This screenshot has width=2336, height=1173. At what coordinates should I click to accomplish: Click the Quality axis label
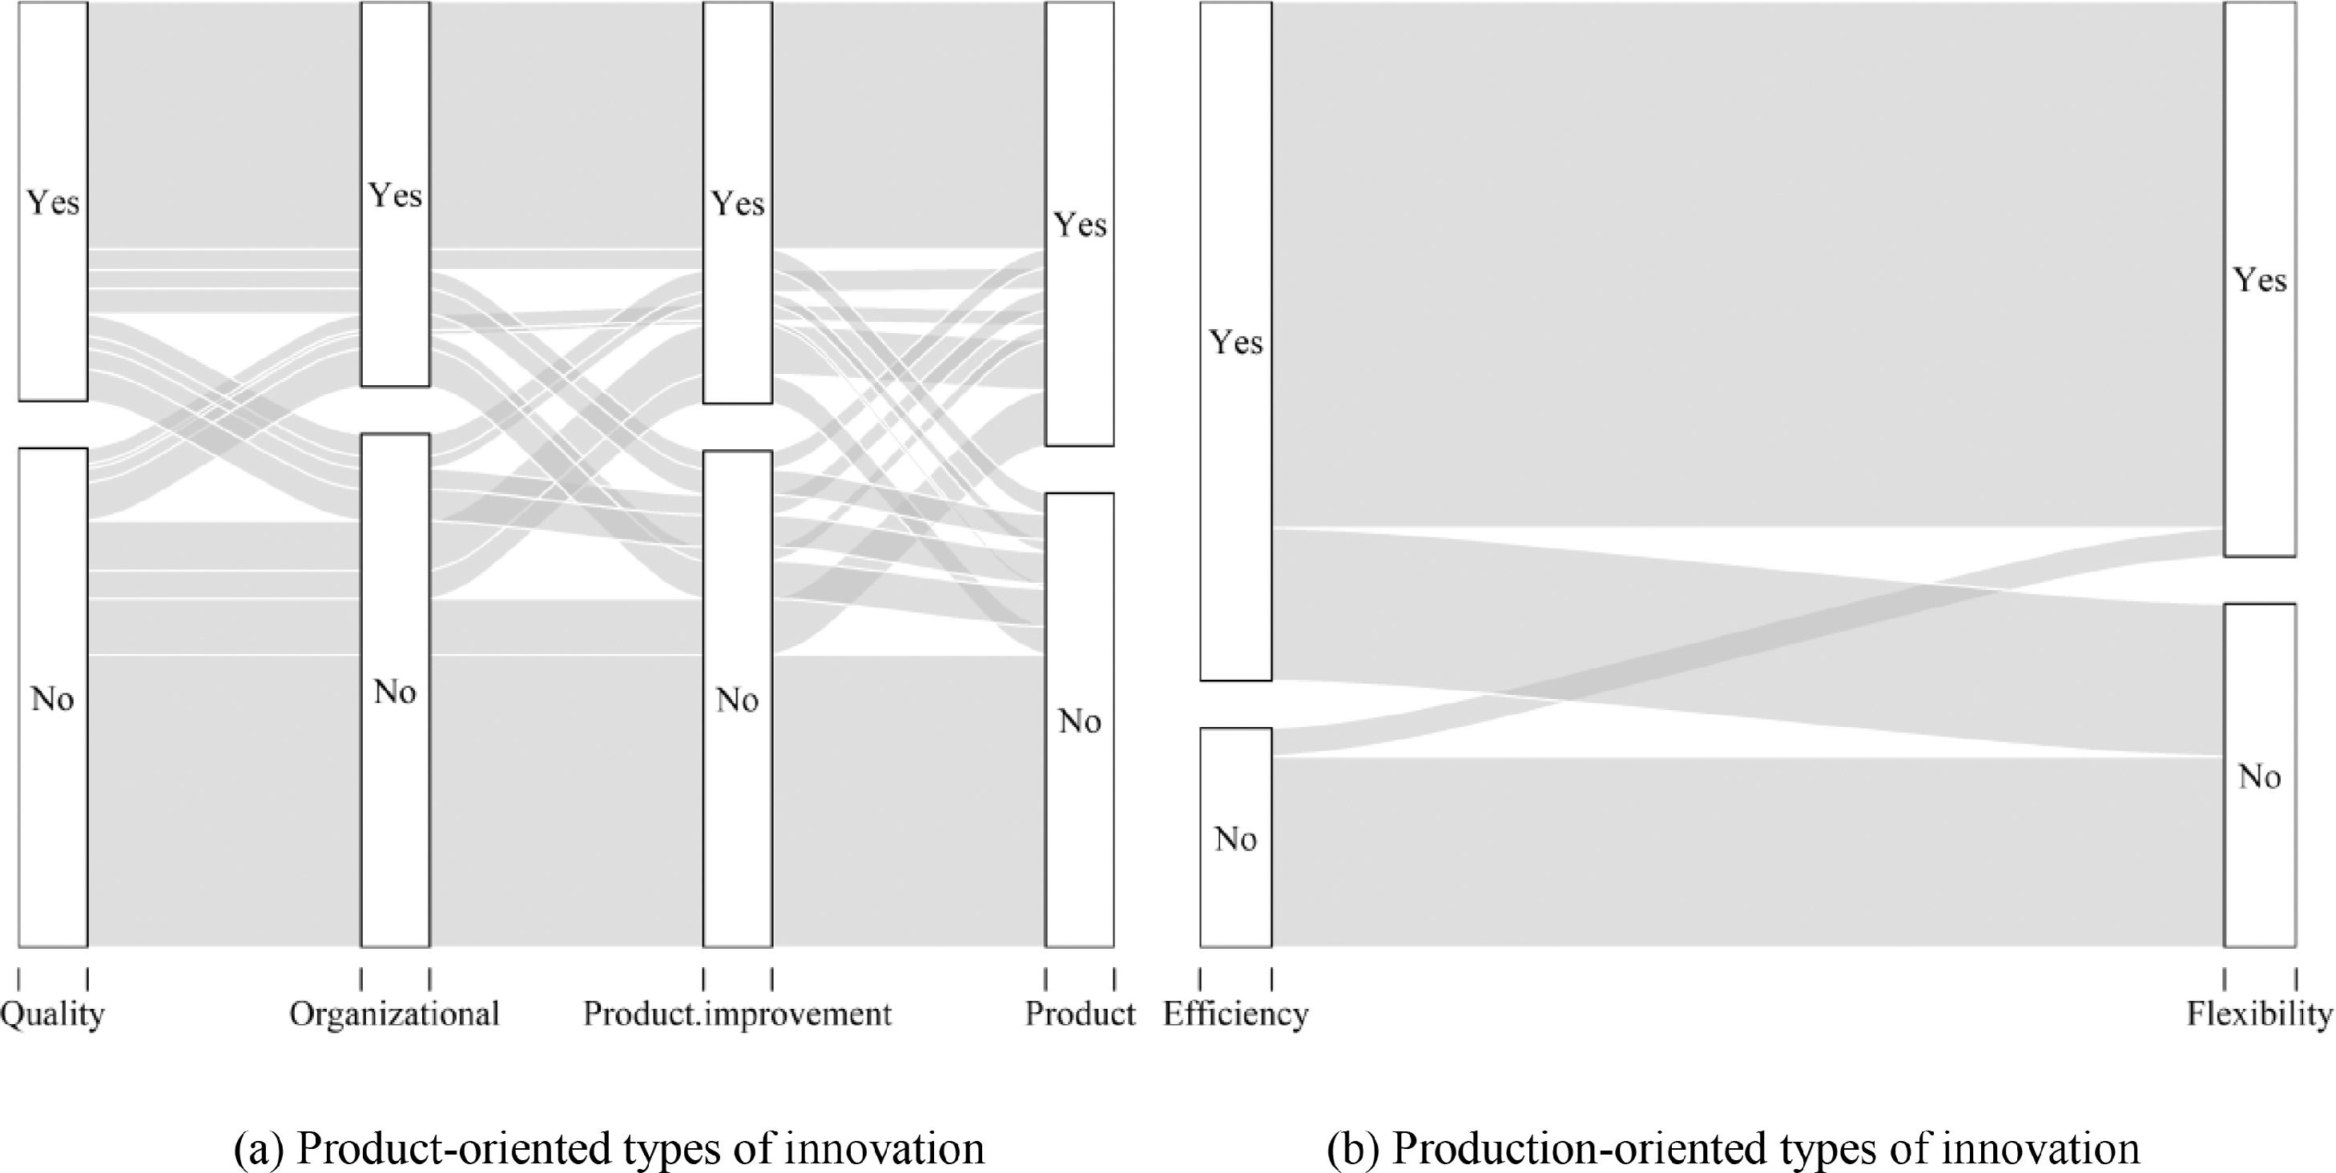point(53,1014)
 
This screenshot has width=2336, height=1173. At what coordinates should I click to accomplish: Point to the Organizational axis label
point(394,1014)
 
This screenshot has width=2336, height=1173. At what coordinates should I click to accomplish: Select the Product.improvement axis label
point(737,1014)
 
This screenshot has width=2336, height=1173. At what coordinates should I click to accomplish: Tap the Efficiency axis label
point(1235,1014)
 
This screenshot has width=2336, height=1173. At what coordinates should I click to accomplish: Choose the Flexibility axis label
point(2259,1014)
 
